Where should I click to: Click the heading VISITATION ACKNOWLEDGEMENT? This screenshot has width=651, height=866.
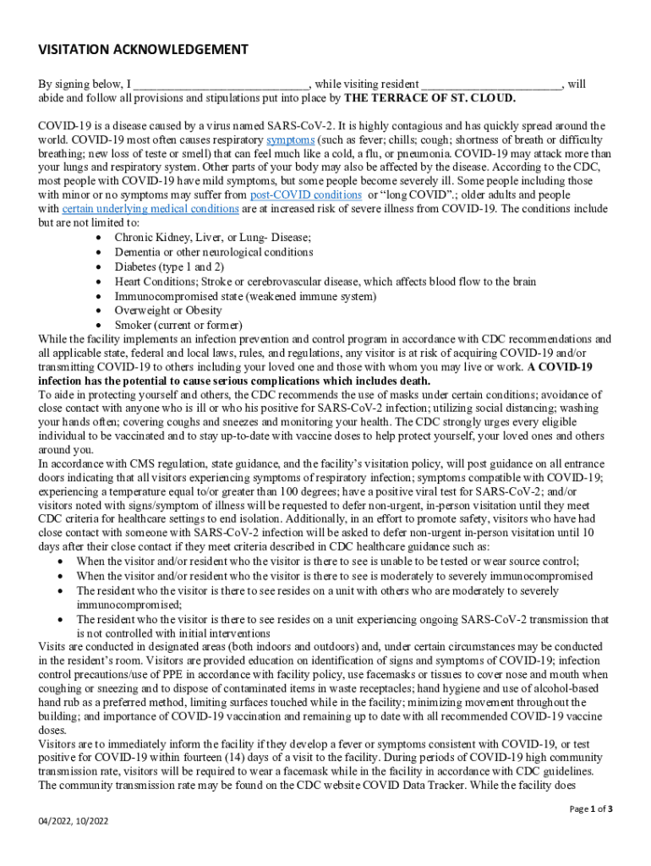point(143,49)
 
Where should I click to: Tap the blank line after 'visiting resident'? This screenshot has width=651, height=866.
point(491,85)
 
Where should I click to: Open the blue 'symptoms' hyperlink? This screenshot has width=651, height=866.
point(291,140)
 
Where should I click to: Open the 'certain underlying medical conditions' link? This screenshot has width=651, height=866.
point(150,209)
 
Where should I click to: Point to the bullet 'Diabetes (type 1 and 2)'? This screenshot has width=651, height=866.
point(169,266)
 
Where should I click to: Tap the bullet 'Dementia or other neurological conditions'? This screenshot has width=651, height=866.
point(214,252)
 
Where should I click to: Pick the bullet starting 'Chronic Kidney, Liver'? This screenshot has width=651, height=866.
point(212,238)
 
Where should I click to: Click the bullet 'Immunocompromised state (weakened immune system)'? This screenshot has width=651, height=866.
point(245,296)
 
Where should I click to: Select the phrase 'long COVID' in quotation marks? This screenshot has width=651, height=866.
point(417,195)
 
